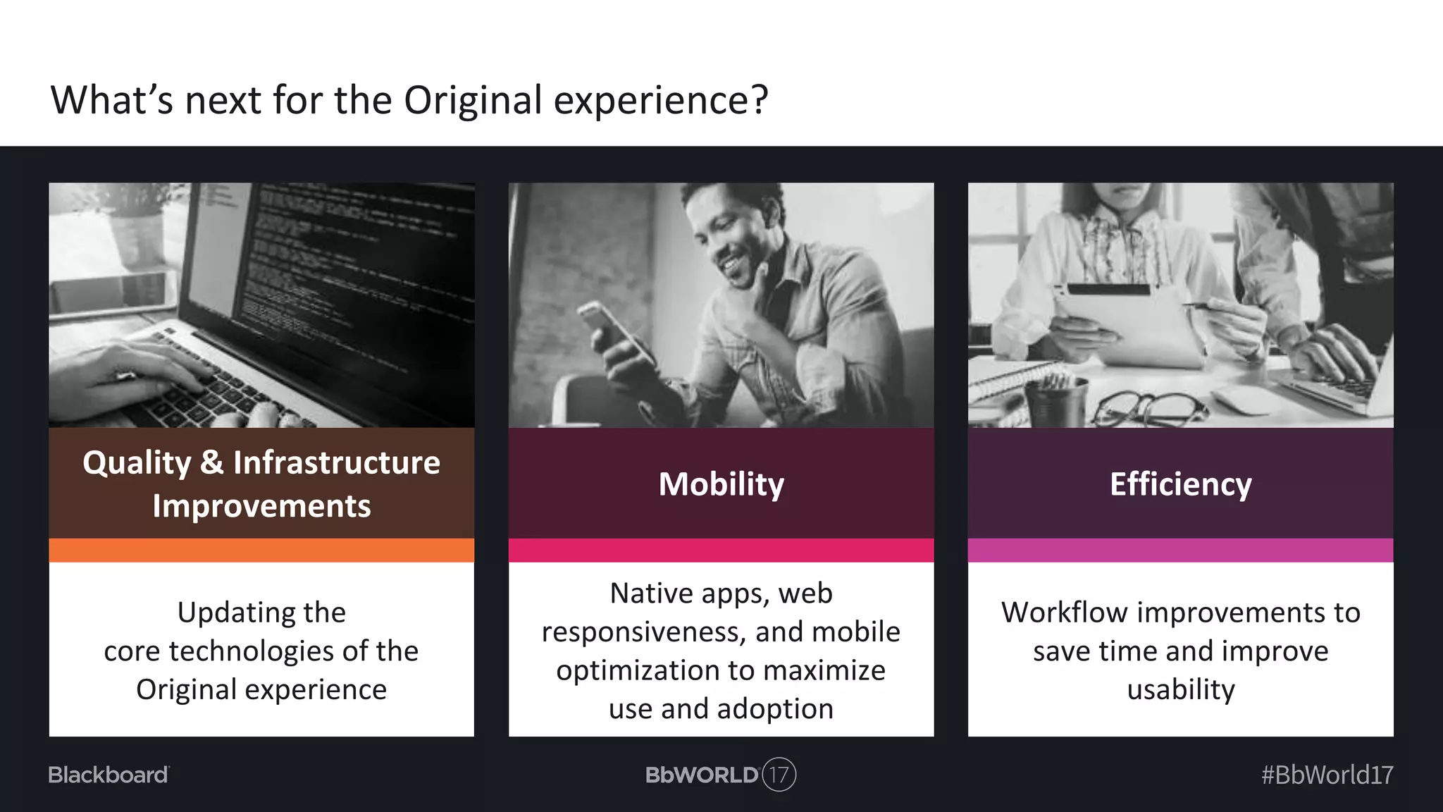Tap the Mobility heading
tap(721, 484)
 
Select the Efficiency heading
tap(1180, 484)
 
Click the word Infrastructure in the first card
tap(336, 463)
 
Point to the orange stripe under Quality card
tap(261, 550)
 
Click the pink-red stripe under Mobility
tap(721, 550)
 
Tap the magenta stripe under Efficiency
tap(1180, 550)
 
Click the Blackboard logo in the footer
tap(109, 775)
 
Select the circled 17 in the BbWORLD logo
tap(779, 775)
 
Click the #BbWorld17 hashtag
tap(1327, 775)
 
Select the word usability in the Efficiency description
tap(1180, 689)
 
